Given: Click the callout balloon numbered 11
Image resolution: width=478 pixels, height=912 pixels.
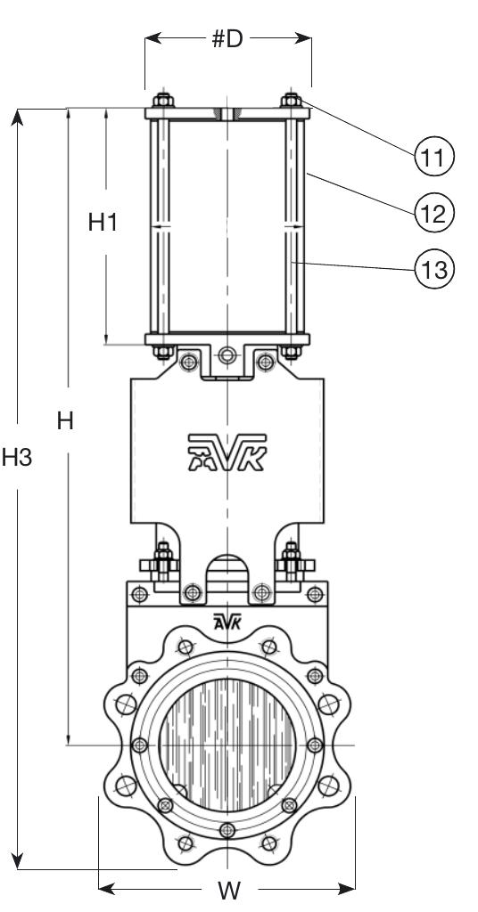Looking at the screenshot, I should pyautogui.click(x=433, y=158).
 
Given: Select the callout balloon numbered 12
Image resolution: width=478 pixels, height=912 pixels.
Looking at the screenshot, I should pyautogui.click(x=433, y=212).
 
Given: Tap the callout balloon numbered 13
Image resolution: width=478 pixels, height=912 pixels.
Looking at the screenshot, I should pyautogui.click(x=433, y=266).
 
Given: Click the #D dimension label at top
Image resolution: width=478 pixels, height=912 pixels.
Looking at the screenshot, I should pyautogui.click(x=228, y=40).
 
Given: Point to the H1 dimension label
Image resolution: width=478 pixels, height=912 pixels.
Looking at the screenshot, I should pyautogui.click(x=104, y=223).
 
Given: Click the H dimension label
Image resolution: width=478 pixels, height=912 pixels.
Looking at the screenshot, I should pyautogui.click(x=65, y=421).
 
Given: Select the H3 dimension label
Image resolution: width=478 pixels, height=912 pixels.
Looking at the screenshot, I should pyautogui.click(x=17, y=458).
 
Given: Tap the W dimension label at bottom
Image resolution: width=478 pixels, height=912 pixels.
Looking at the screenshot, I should pyautogui.click(x=228, y=890).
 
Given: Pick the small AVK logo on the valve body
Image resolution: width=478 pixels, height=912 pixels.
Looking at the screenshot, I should pyautogui.click(x=228, y=622).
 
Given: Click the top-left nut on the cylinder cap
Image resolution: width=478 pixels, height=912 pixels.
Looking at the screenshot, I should pyautogui.click(x=161, y=100).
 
